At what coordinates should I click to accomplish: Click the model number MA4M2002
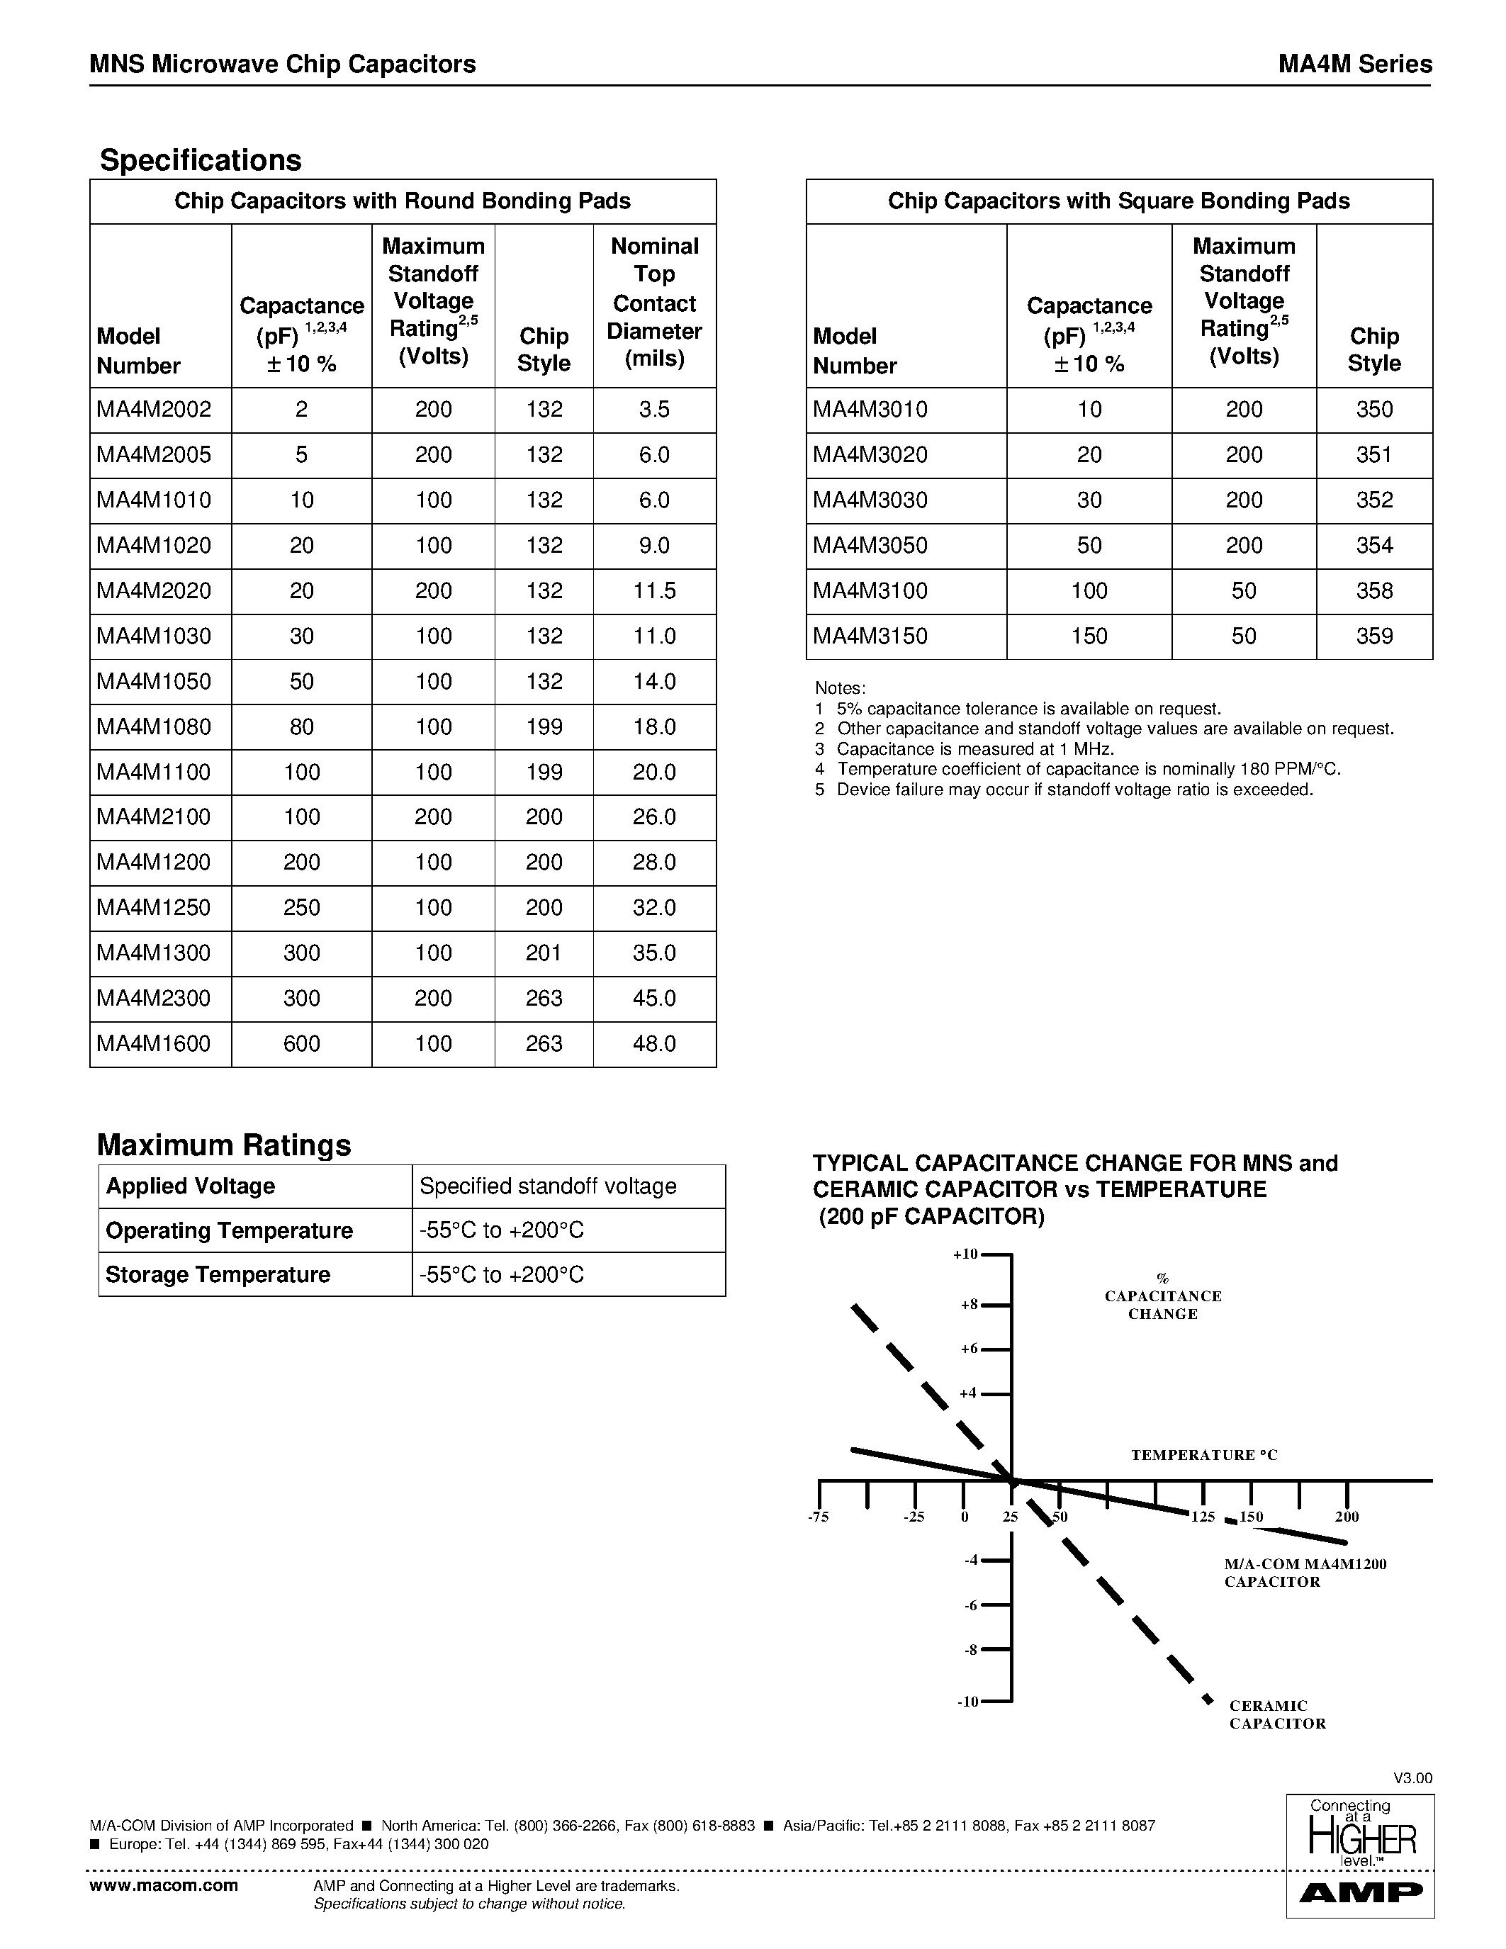point(154,410)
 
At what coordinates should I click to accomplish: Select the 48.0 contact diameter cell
point(654,1043)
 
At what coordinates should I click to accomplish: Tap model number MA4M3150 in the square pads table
point(870,636)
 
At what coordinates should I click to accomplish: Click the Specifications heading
point(201,159)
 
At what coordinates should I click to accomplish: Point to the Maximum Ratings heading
point(224,1144)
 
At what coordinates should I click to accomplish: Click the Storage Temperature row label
point(218,1274)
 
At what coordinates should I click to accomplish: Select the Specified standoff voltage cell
point(548,1186)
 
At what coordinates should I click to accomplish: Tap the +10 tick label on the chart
point(965,1254)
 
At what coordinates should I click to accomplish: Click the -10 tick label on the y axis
point(967,1702)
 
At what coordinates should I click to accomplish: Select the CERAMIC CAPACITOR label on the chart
point(1276,1714)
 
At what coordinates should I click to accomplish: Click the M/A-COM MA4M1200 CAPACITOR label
point(1304,1573)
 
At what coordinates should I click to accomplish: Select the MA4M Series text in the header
point(1354,64)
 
